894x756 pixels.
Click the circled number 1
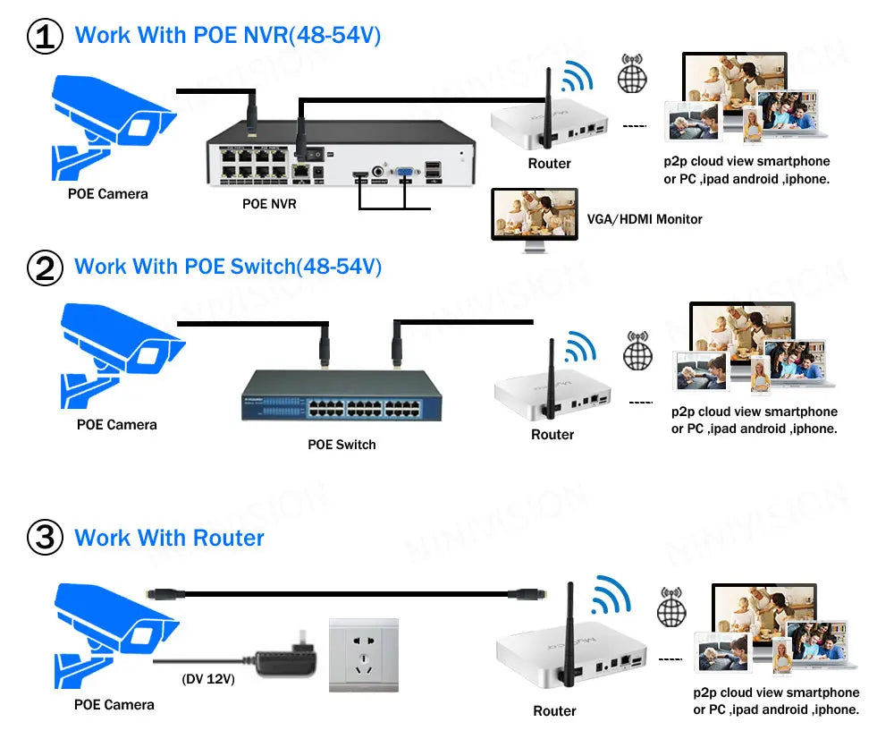click(x=45, y=37)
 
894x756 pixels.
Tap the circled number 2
click(x=45, y=268)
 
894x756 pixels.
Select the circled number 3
click(x=45, y=539)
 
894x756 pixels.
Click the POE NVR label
click(x=269, y=204)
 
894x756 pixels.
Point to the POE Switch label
click(x=342, y=445)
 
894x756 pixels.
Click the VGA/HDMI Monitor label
click(x=645, y=219)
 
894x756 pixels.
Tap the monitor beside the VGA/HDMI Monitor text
click(x=535, y=214)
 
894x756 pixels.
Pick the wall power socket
click(x=364, y=655)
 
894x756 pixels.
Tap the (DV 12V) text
click(x=208, y=679)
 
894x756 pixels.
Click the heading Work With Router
click(x=170, y=539)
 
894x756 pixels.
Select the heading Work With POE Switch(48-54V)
click(x=228, y=267)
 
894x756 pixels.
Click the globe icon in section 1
click(x=632, y=74)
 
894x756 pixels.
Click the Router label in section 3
click(x=554, y=711)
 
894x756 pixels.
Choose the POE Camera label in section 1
click(x=108, y=194)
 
